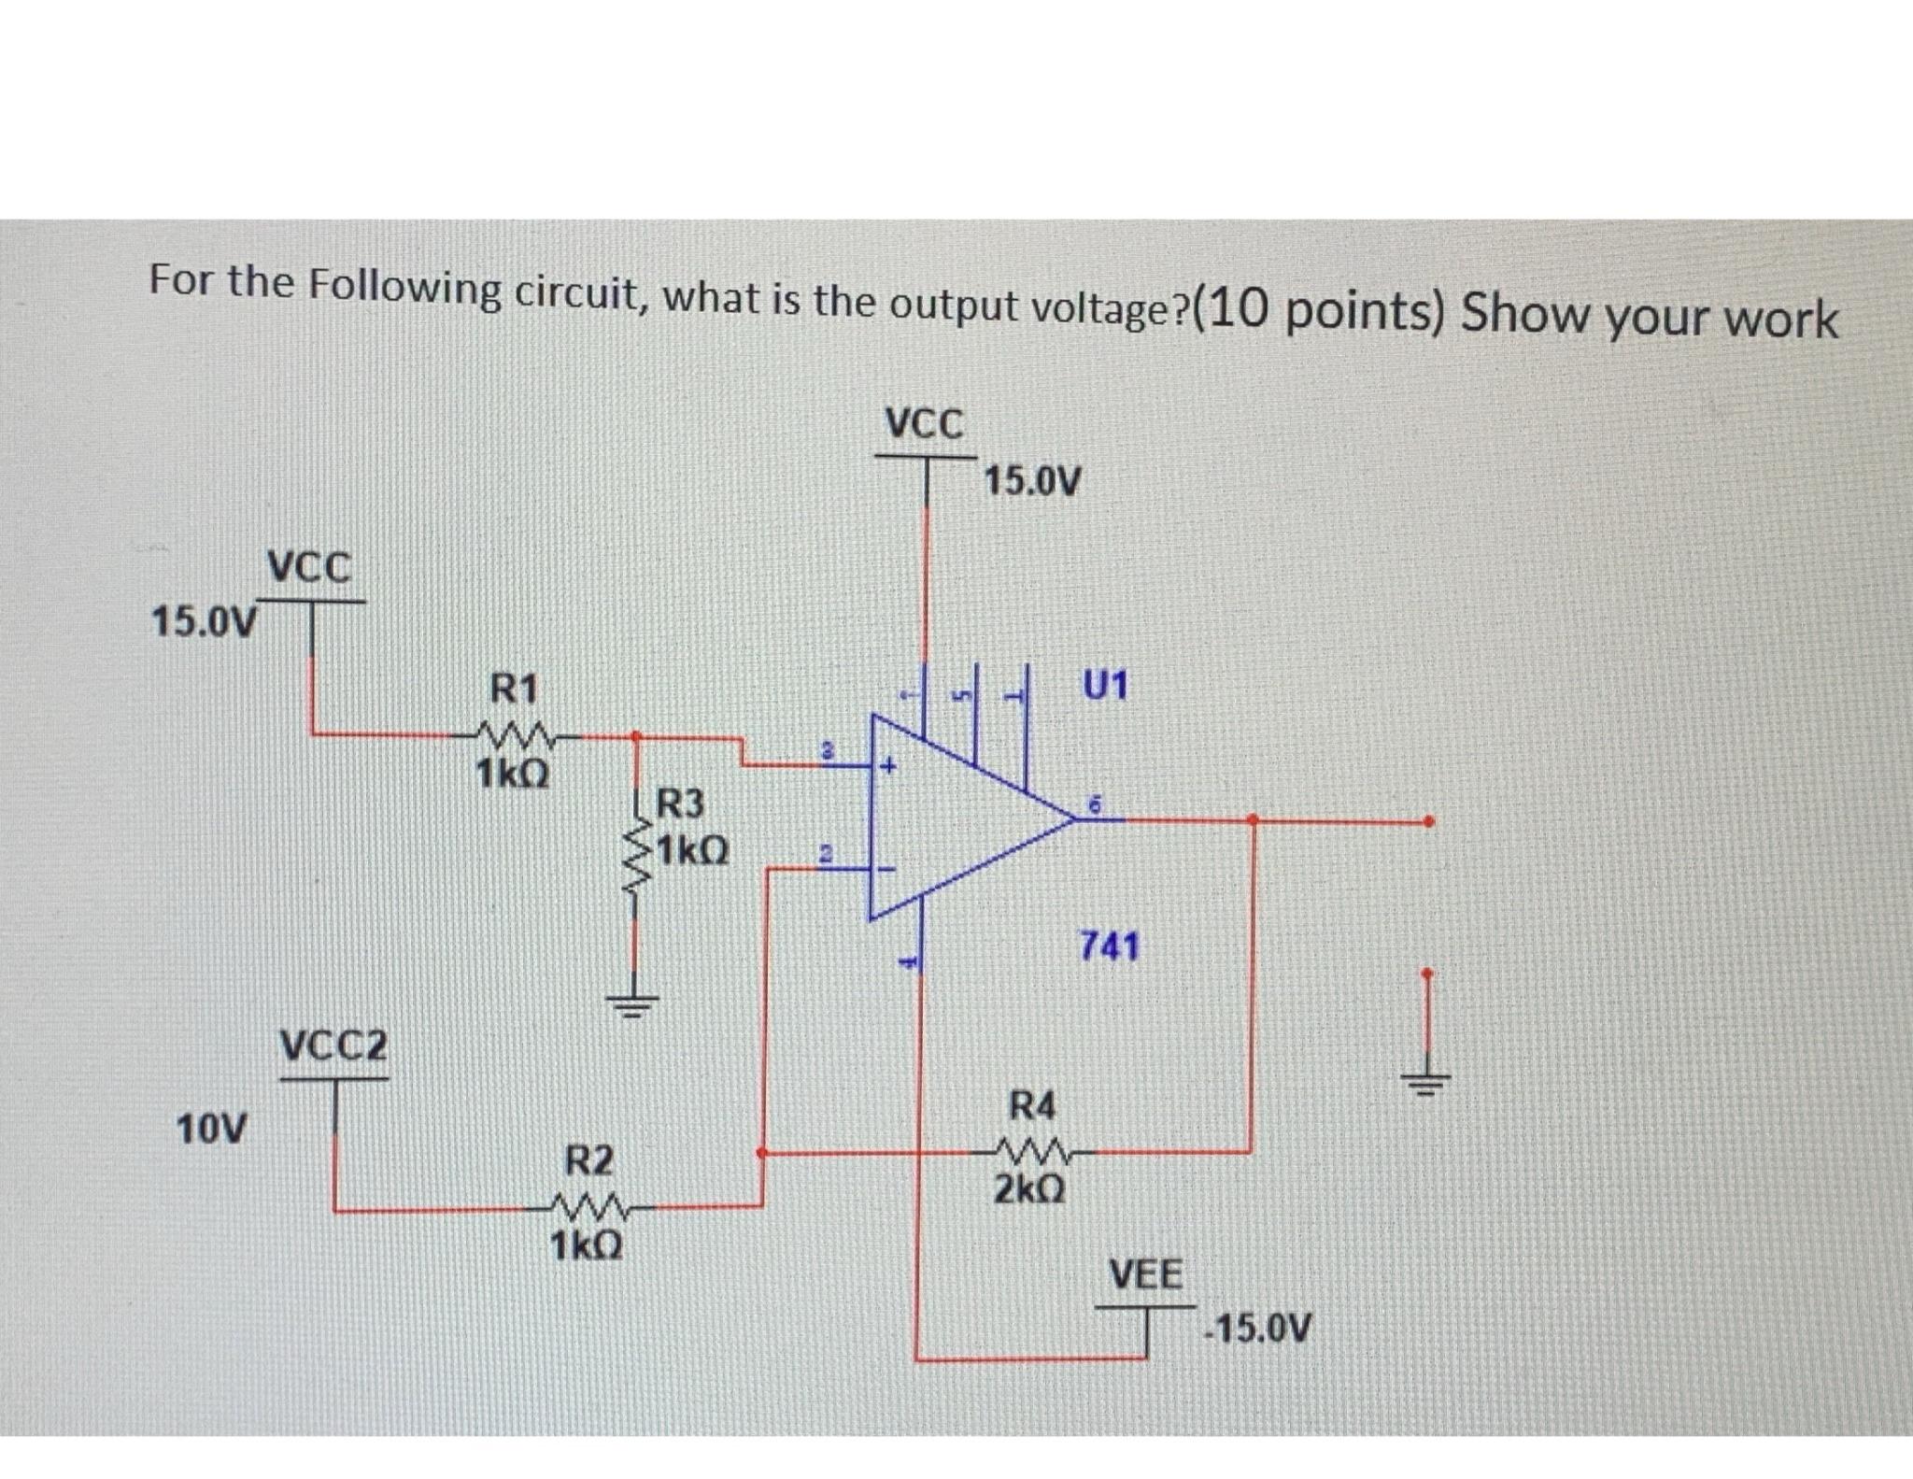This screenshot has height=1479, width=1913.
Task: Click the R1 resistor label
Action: pyautogui.click(x=515, y=690)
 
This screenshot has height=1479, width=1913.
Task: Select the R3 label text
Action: pyautogui.click(x=680, y=803)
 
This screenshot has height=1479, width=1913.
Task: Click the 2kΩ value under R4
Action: pyautogui.click(x=1028, y=1190)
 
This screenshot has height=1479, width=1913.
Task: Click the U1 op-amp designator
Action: pyautogui.click(x=1106, y=686)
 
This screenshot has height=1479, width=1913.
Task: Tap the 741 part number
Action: pyautogui.click(x=1110, y=946)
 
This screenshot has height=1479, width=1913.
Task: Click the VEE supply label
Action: pyautogui.click(x=1145, y=1274)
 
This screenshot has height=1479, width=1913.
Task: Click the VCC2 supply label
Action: pyautogui.click(x=333, y=1045)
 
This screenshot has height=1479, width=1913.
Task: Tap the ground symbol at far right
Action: pyautogui.click(x=1425, y=1083)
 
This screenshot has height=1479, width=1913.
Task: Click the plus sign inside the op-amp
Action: pyautogui.click(x=891, y=767)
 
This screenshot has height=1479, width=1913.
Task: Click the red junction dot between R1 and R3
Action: pyautogui.click(x=635, y=736)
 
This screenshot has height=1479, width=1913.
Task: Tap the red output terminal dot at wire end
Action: pyautogui.click(x=1426, y=822)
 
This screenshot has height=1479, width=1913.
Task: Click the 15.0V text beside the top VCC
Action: pyautogui.click(x=1033, y=482)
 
